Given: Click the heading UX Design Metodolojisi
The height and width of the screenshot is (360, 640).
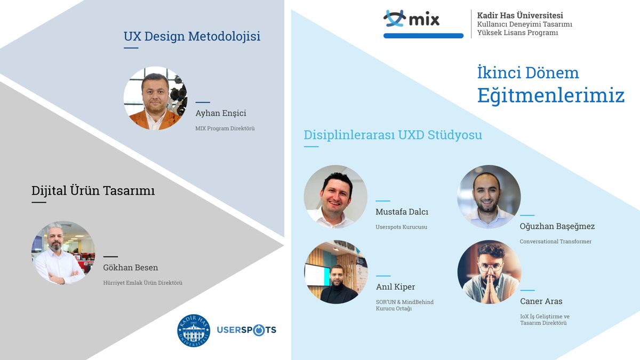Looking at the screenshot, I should pos(192,37).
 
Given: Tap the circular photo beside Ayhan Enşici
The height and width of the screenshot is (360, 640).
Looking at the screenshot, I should pos(155,99).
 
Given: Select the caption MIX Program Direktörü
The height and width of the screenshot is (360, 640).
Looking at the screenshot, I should pos(225,129).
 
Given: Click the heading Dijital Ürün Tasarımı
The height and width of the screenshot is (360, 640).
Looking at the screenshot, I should pos(93,190).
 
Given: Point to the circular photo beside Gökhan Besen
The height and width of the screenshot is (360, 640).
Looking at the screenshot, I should pos(63,252).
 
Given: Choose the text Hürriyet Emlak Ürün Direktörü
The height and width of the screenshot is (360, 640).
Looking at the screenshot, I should pos(142,283).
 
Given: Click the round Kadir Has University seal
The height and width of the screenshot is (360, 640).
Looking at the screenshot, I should pos(194,330).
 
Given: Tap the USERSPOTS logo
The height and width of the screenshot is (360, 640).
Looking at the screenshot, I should pos(246,330).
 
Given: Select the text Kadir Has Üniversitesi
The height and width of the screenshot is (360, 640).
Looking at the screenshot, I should pos(520,15).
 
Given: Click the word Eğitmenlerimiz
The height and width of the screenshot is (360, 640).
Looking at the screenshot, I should pos(550,95).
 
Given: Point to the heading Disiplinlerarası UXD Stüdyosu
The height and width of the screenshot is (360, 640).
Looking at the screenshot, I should pos(393,135).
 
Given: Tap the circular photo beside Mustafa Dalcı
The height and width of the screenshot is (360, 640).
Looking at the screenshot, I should pos(335,197).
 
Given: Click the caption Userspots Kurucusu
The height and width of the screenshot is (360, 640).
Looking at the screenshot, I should pos(401,227).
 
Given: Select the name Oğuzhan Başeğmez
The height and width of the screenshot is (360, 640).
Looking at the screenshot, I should pos(557,226).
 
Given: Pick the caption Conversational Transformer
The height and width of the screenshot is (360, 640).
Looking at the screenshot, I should pos(555,242).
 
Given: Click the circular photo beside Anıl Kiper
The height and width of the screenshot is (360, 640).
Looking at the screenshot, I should pos(335,272).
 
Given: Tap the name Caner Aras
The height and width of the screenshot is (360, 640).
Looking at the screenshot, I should pos(541,301).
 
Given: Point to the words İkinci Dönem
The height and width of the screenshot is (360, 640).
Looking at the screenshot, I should pos(528,73).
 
